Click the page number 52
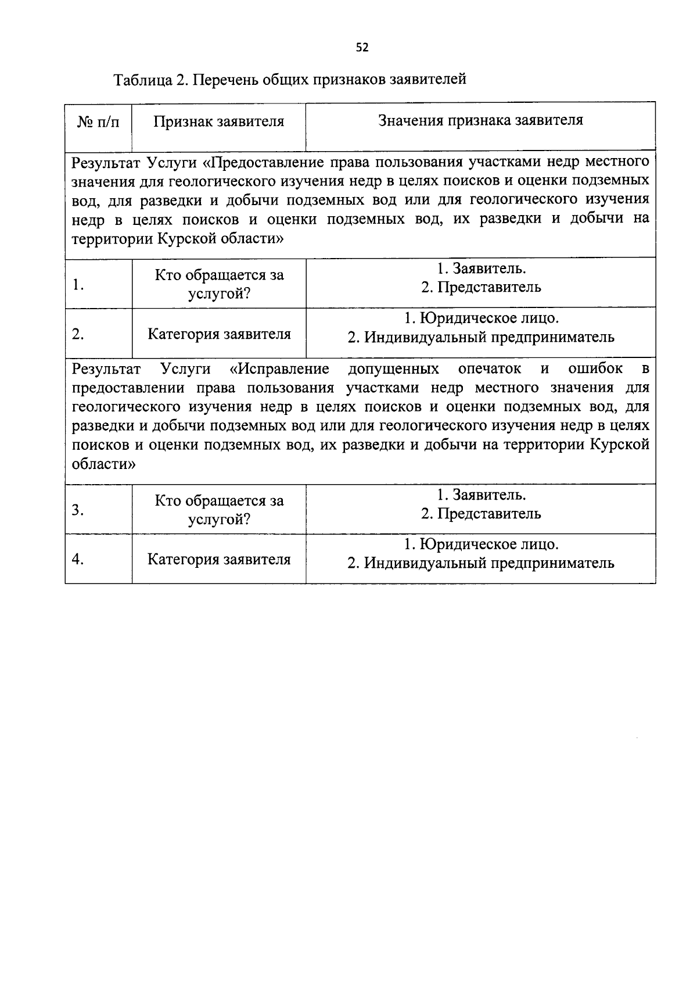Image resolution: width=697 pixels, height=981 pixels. pyautogui.click(x=362, y=48)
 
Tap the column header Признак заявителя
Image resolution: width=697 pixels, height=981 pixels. pyautogui.click(x=219, y=121)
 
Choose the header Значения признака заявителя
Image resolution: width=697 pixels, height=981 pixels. pyautogui.click(x=480, y=120)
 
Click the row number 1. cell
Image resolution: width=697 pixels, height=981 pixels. pyautogui.click(x=78, y=285)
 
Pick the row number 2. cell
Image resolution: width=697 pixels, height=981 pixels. pyautogui.click(x=78, y=334)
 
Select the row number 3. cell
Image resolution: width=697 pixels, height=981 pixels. pyautogui.click(x=78, y=510)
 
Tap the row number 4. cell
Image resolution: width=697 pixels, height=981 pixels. pyautogui.click(x=78, y=559)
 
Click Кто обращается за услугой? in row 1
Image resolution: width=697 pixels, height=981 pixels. pyautogui.click(x=219, y=284)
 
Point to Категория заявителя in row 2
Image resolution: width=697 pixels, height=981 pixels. pyautogui.click(x=219, y=334)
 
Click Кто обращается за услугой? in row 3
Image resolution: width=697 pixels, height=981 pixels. pyautogui.click(x=219, y=510)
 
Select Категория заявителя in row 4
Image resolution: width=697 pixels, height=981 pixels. pyautogui.click(x=219, y=559)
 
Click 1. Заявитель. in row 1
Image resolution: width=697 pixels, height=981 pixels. pyautogui.click(x=481, y=268)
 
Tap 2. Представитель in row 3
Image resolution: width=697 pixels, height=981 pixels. pyautogui.click(x=481, y=514)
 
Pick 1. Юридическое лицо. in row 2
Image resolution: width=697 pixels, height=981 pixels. pyautogui.click(x=481, y=318)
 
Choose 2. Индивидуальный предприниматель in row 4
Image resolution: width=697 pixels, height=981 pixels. pyautogui.click(x=481, y=563)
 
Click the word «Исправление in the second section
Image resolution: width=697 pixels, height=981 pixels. pyautogui.click(x=280, y=369)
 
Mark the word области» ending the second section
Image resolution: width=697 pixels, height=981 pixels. pyautogui.click(x=103, y=464)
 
